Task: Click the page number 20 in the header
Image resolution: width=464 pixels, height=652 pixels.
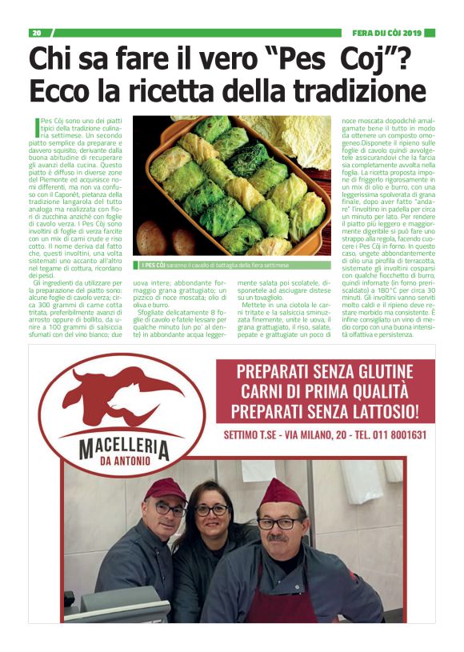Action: pos(36,33)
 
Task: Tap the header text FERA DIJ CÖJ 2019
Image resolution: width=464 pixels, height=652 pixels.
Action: pos(386,33)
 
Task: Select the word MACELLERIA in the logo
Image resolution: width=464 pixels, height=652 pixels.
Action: pos(124,445)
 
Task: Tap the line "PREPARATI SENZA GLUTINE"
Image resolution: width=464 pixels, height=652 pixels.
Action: pos(324,373)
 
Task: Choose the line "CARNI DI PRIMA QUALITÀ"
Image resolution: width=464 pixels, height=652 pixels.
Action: pos(324,392)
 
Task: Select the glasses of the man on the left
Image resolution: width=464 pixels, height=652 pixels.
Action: pos(169,509)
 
